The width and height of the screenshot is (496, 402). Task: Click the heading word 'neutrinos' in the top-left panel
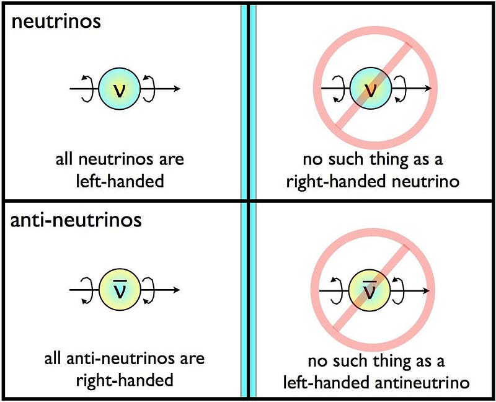(x=56, y=22)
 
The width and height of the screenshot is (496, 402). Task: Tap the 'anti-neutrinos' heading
(x=76, y=220)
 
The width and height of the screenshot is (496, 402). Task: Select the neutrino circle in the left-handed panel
(x=119, y=89)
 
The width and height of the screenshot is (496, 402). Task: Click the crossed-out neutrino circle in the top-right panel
(x=371, y=89)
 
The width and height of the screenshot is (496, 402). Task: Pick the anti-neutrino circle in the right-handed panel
(x=120, y=290)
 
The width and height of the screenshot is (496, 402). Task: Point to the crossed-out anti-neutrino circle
(x=369, y=290)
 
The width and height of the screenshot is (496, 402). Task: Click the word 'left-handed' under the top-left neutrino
(x=120, y=181)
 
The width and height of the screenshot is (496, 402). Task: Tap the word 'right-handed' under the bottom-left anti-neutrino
(x=125, y=380)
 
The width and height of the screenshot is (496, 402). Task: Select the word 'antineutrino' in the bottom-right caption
(x=422, y=382)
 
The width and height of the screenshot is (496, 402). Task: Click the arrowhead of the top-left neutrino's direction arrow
(x=177, y=89)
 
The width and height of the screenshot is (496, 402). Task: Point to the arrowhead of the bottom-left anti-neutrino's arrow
(x=177, y=290)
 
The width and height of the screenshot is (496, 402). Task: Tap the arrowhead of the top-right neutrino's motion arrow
(x=428, y=88)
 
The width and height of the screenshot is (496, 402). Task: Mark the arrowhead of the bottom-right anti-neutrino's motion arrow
(x=426, y=290)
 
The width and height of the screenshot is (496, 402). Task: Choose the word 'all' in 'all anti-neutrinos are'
(x=53, y=359)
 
